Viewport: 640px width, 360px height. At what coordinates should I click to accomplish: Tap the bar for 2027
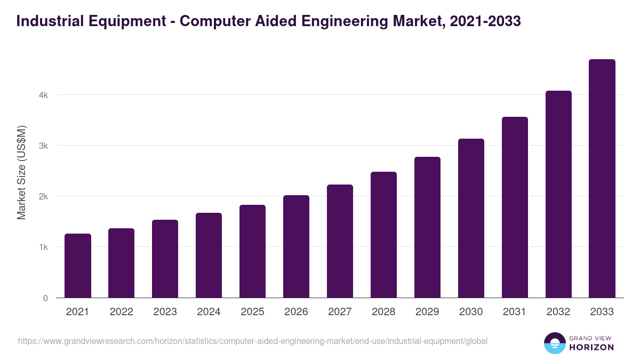coord(340,241)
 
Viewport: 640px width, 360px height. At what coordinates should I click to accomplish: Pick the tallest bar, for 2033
coord(602,178)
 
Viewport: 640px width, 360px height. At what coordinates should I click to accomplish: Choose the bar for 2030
coord(471,218)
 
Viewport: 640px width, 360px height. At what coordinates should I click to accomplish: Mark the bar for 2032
coord(558,194)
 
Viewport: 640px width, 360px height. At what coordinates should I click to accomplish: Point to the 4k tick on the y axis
coord(44,95)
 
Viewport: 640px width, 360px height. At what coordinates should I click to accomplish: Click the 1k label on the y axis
coord(44,247)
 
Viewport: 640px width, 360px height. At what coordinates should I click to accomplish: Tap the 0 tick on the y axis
coord(45,298)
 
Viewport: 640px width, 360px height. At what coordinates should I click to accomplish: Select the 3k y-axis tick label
coord(44,146)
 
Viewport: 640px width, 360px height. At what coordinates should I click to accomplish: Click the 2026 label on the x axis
coord(296,312)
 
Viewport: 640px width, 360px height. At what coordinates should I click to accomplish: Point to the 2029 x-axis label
coord(427,312)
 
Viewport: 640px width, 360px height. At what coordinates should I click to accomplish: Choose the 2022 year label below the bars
coord(121,312)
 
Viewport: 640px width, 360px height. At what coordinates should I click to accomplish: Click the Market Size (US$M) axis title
coord(21,172)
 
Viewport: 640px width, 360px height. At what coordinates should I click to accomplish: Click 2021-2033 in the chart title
coord(485,21)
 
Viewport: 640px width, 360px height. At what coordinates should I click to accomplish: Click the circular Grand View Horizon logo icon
coord(555,343)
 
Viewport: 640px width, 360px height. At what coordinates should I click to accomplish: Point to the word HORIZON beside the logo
coord(591,347)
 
